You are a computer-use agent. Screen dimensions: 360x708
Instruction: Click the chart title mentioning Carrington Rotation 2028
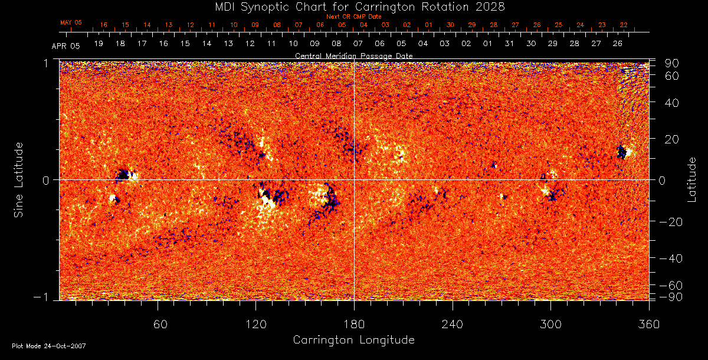click(353, 7)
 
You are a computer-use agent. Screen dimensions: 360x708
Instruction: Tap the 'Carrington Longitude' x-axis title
click(353, 340)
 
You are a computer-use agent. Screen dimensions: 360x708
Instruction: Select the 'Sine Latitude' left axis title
click(19, 179)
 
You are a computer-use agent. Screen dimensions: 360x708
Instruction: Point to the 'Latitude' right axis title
click(692, 179)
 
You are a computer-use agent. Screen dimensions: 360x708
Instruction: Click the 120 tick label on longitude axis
click(255, 325)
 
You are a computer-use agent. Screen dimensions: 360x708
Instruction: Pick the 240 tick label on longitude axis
click(452, 325)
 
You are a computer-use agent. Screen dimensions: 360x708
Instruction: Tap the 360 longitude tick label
click(649, 325)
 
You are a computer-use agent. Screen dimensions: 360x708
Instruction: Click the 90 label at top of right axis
click(673, 63)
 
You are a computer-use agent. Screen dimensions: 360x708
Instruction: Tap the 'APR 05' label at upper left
click(65, 45)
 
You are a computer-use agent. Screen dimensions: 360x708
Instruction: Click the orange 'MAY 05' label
click(71, 22)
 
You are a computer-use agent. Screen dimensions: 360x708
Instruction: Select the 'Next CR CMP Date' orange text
click(353, 17)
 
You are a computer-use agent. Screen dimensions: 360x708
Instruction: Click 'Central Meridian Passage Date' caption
click(353, 55)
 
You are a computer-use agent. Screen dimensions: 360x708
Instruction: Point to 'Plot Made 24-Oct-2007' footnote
click(49, 346)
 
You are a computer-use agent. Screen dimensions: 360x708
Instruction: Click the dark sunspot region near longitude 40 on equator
click(123, 175)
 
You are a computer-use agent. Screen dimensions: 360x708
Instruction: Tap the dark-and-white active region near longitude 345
click(622, 152)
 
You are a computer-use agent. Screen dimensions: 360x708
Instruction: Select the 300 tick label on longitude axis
click(550, 325)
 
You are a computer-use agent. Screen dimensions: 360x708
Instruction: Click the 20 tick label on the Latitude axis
click(673, 139)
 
